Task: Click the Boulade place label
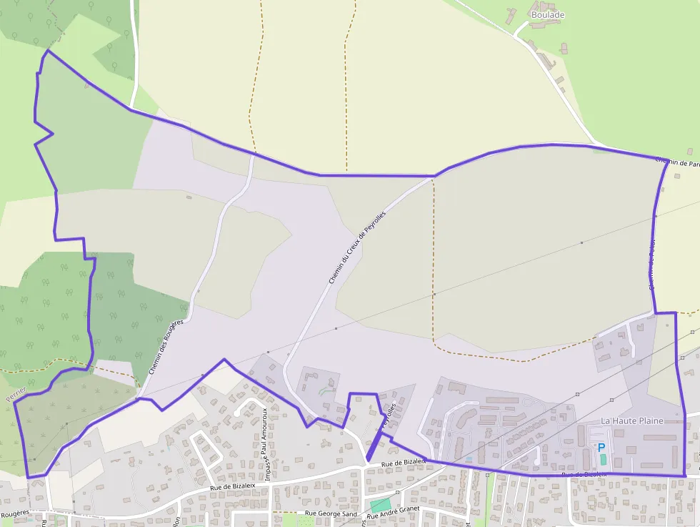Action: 548,14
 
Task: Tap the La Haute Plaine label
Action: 631,420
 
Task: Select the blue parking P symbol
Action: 601,447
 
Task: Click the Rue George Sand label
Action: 331,513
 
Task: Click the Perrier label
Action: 16,393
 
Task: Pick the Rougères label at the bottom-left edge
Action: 14,513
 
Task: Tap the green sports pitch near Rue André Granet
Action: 380,505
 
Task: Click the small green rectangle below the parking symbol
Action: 603,458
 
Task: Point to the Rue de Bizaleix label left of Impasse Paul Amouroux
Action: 232,486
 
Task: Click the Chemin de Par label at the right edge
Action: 676,163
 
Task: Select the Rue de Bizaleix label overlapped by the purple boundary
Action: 584,474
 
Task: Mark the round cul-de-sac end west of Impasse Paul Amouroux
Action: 237,413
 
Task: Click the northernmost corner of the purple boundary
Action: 47,50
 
